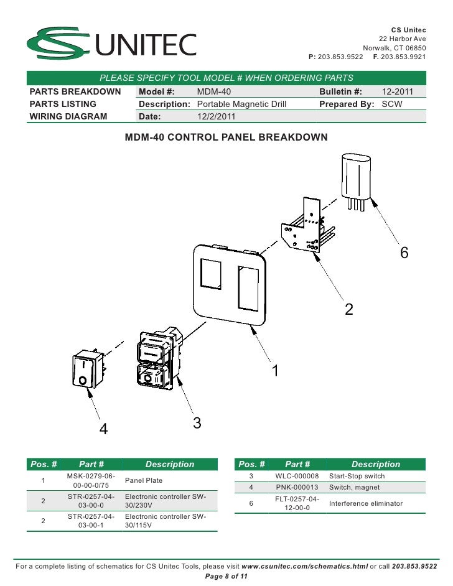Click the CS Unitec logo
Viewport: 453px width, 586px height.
[x=111, y=43]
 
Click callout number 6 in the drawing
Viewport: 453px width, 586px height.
[x=404, y=253]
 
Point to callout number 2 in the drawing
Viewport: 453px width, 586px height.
[x=349, y=309]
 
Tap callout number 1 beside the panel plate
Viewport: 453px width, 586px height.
[x=274, y=370]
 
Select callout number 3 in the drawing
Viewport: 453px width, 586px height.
[x=197, y=423]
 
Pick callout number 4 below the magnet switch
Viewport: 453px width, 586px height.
[x=104, y=429]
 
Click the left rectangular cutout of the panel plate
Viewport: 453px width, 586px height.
[x=211, y=274]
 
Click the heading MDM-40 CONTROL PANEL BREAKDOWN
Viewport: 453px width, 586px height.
[x=226, y=137]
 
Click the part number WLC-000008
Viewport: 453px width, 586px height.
[x=297, y=476]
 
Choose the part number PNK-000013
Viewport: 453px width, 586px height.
[x=297, y=487]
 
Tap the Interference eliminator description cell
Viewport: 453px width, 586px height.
[x=366, y=503]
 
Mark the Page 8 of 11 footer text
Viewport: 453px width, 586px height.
[x=226, y=577]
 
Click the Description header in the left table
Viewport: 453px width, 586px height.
[x=169, y=464]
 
